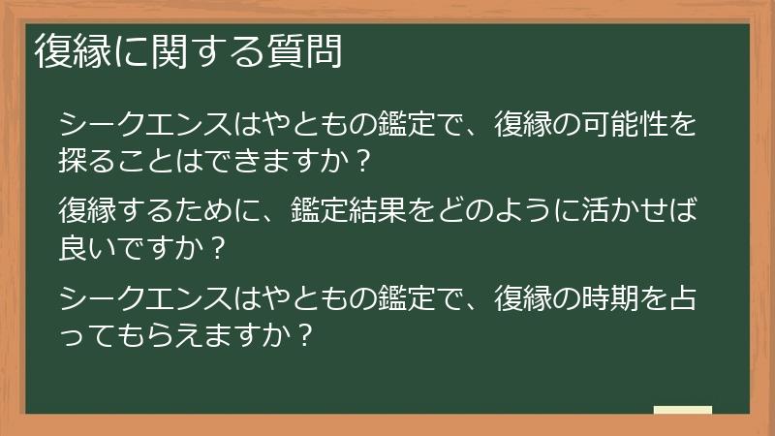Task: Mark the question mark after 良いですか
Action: (217, 248)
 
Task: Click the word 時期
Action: (581, 296)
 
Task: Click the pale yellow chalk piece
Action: (683, 410)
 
